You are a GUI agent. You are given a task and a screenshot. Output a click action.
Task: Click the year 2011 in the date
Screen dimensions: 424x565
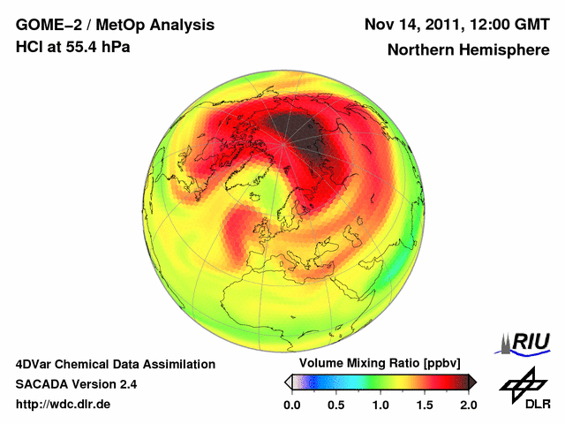(x=456, y=24)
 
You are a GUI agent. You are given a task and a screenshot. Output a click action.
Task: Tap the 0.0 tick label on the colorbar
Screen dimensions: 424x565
(x=291, y=405)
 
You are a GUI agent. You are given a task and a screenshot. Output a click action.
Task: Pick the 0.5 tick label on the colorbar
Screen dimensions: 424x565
(x=335, y=405)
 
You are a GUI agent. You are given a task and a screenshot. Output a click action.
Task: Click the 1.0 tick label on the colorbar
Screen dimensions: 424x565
(x=380, y=405)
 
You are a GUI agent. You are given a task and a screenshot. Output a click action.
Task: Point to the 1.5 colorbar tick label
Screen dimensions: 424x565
(x=424, y=405)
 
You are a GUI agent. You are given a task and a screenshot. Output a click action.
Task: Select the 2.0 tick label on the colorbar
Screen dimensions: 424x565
(x=468, y=405)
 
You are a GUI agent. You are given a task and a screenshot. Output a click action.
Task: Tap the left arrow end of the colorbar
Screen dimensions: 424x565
(x=288, y=382)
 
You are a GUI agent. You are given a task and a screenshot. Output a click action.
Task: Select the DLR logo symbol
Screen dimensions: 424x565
(x=522, y=384)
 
